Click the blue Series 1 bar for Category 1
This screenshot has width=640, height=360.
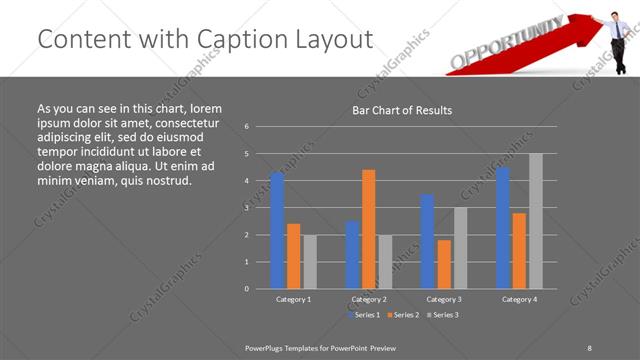[277, 230]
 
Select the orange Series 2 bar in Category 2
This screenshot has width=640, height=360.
[369, 229]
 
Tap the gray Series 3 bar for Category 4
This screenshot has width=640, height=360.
[536, 221]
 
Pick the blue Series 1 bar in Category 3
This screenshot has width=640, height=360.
[427, 241]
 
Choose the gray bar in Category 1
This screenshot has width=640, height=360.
[310, 261]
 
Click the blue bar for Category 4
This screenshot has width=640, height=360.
[503, 227]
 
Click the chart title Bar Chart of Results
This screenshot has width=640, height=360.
[402, 110]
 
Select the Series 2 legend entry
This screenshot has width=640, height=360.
[403, 315]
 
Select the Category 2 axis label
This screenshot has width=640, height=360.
[369, 299]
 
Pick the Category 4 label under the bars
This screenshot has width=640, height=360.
[519, 299]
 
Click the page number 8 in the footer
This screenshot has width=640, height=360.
[590, 347]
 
